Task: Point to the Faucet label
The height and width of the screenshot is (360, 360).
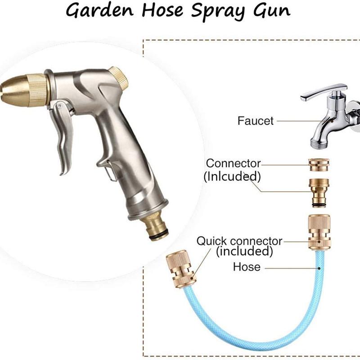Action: [x=256, y=121]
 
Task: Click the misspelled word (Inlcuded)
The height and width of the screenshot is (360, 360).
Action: [x=232, y=176]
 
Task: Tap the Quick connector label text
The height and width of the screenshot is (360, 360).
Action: [x=239, y=241]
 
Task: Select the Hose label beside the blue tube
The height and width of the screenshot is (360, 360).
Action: [x=247, y=267]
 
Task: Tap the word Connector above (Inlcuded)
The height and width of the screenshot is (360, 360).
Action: [x=233, y=163]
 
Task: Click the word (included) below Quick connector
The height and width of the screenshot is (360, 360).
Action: [x=245, y=251]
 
